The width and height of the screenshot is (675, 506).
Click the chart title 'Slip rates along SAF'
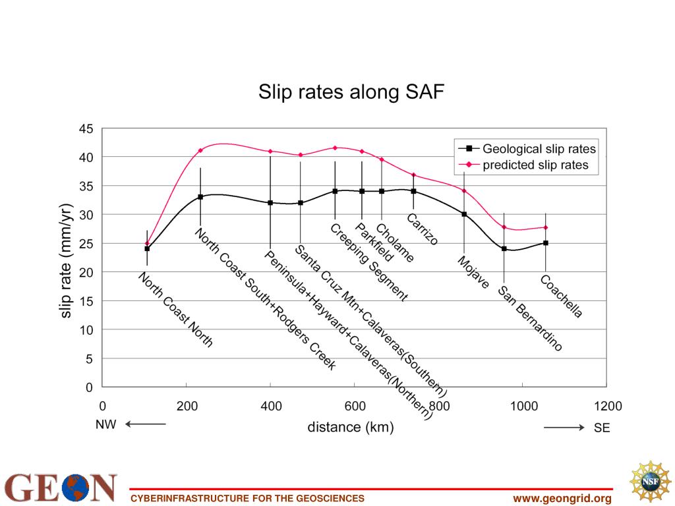351,92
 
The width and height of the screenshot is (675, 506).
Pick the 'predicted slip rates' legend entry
535,165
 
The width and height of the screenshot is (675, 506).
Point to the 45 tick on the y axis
86,128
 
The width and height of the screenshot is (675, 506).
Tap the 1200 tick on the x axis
607,406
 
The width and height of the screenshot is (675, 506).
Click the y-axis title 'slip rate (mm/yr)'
67,260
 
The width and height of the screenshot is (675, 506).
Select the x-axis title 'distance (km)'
350,428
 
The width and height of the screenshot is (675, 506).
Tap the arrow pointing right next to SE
564,428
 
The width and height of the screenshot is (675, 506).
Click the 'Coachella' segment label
561,296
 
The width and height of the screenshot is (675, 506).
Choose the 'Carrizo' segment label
422,229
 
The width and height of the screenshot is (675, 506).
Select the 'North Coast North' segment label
175,310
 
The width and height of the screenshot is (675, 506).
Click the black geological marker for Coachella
546,243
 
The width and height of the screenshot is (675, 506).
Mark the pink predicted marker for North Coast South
200,150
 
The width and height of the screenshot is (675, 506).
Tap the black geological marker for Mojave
464,214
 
